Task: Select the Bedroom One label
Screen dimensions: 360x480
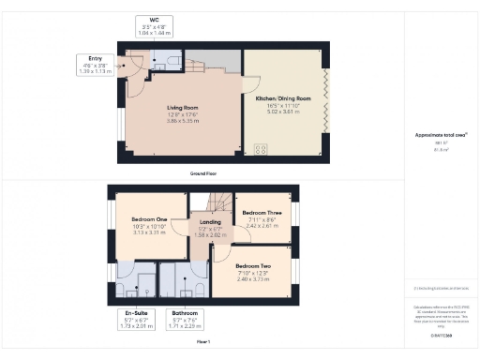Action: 148,218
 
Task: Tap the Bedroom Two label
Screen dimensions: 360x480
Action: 252,265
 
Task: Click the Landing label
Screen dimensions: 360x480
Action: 210,222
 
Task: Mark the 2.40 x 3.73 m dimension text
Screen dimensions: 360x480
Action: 252,278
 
